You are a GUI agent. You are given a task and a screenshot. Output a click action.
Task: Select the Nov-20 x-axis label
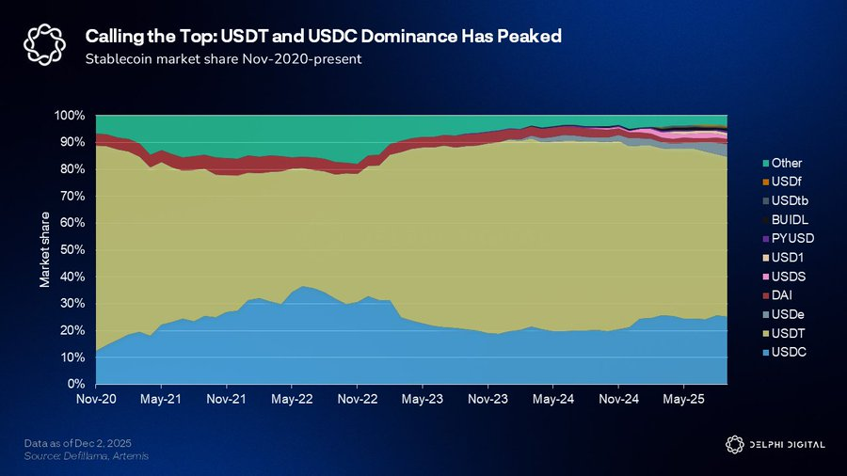pos(96,399)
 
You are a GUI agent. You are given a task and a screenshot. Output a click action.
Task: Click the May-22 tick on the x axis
pos(292,399)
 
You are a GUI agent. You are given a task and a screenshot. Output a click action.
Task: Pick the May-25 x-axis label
pos(684,399)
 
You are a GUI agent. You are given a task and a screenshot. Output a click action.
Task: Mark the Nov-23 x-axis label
pos(487,399)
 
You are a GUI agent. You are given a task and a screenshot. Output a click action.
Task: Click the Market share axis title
pos(44,250)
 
